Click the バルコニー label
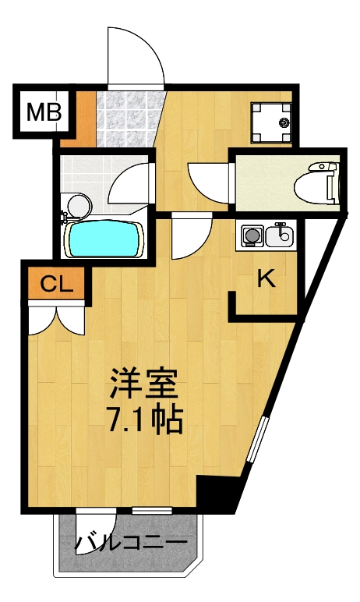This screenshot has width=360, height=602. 132,543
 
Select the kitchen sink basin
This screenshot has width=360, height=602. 280,233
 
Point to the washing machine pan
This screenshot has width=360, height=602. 270,123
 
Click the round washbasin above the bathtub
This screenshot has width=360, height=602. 79,205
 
